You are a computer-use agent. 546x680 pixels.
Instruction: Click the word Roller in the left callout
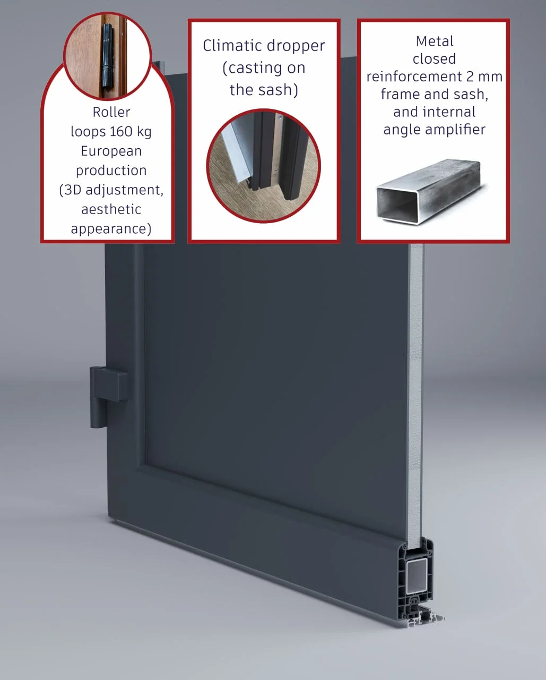[111, 112]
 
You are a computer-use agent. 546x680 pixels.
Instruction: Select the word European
[111, 151]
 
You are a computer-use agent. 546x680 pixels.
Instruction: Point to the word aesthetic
[111, 209]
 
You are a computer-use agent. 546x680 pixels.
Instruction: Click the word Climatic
[229, 46]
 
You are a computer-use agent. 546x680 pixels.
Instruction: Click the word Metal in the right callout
[435, 41]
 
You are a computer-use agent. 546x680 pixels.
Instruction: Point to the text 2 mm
[484, 76]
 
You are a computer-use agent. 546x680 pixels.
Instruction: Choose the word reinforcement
[414, 76]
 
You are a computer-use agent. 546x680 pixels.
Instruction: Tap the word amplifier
[455, 130]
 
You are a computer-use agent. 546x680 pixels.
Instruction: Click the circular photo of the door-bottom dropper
[263, 166]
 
